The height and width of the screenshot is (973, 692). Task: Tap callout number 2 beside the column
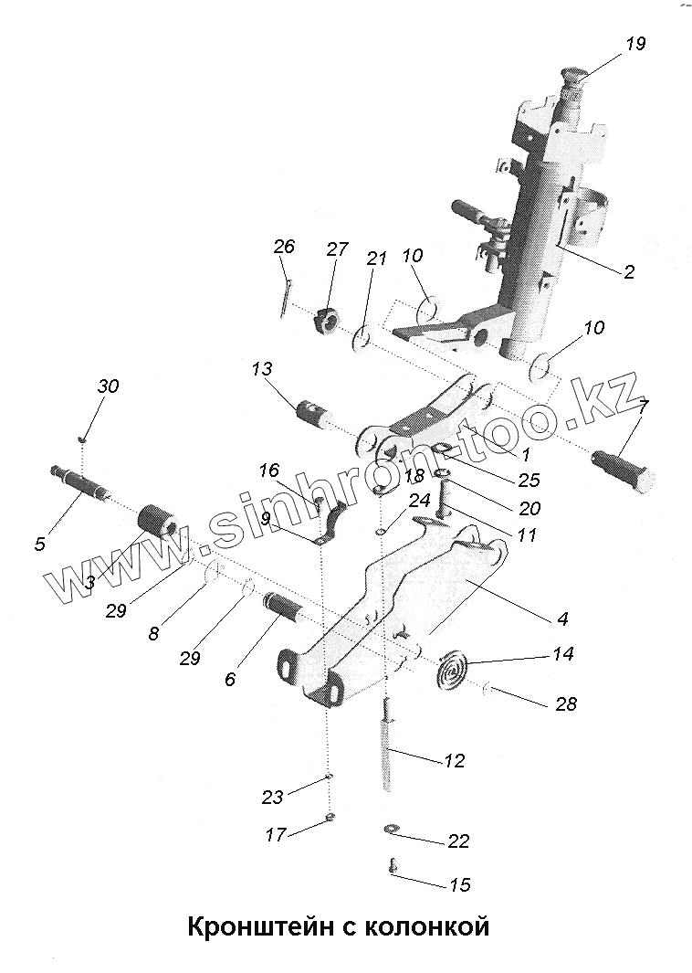629,271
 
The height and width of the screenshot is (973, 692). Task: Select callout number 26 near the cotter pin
284,247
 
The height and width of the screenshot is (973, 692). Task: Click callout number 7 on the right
643,407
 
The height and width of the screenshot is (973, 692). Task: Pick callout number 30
108,386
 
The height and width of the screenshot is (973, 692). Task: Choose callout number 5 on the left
39,545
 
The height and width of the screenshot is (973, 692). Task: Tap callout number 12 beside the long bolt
454,760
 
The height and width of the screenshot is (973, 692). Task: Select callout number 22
459,841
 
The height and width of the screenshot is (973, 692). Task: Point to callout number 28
565,704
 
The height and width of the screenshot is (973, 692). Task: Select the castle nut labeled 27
326,323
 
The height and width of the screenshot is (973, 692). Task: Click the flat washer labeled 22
390,829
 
